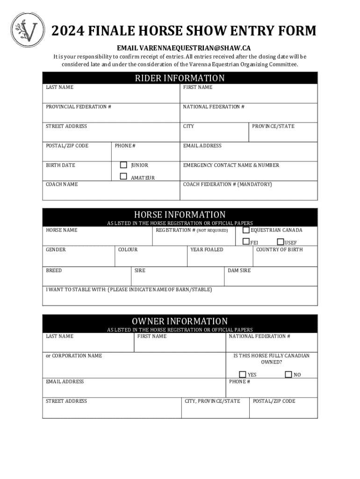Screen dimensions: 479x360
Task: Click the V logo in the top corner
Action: [x=28, y=30]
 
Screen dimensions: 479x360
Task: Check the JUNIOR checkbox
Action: [x=123, y=165]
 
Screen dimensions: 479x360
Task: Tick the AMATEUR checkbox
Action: [x=123, y=176]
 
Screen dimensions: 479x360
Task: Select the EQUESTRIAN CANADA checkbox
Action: [x=246, y=230]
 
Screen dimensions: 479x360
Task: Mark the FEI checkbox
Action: [x=246, y=242]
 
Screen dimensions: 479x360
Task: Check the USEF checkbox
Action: [x=280, y=242]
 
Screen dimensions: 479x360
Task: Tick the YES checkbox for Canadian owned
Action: [x=243, y=374]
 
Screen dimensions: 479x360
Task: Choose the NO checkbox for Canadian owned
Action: [x=288, y=374]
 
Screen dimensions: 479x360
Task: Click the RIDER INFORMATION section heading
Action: [x=180, y=78]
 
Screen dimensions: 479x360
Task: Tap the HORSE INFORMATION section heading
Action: [x=180, y=215]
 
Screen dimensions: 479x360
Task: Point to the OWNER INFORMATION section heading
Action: [x=180, y=321]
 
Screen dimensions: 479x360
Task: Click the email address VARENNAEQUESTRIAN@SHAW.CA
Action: [x=184, y=48]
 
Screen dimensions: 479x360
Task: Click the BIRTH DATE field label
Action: [x=60, y=165]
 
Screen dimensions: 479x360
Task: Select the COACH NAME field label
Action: [x=62, y=184]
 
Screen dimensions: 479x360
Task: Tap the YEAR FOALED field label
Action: [x=207, y=250]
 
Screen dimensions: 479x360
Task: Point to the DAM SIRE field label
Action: [x=239, y=270]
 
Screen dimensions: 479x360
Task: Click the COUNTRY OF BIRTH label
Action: [x=279, y=250]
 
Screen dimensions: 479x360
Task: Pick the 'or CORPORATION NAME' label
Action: [x=74, y=356]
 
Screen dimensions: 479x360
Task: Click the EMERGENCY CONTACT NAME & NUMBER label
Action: [x=231, y=165]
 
